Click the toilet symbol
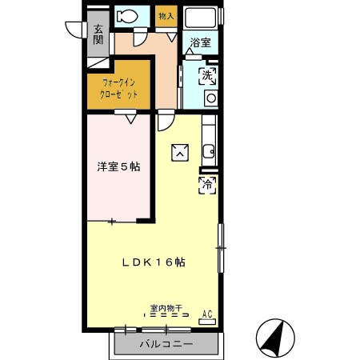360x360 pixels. click(127, 16)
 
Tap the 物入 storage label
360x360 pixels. click(166, 16)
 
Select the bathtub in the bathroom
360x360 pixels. click(200, 18)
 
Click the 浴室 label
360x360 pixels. click(201, 42)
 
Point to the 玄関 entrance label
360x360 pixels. click(98, 34)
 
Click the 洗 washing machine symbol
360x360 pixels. click(207, 76)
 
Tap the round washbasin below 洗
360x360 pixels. click(211, 98)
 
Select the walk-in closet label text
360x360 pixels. click(118, 88)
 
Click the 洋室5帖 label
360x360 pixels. click(118, 167)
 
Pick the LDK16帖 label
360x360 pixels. click(154, 262)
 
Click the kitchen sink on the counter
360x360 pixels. click(209, 152)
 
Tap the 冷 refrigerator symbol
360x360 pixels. click(207, 185)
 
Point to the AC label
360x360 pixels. click(207, 314)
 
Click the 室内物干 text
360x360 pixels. click(166, 308)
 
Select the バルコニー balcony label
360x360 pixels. click(166, 344)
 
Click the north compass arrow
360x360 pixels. click(274, 336)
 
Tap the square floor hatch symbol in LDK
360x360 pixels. click(180, 153)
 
